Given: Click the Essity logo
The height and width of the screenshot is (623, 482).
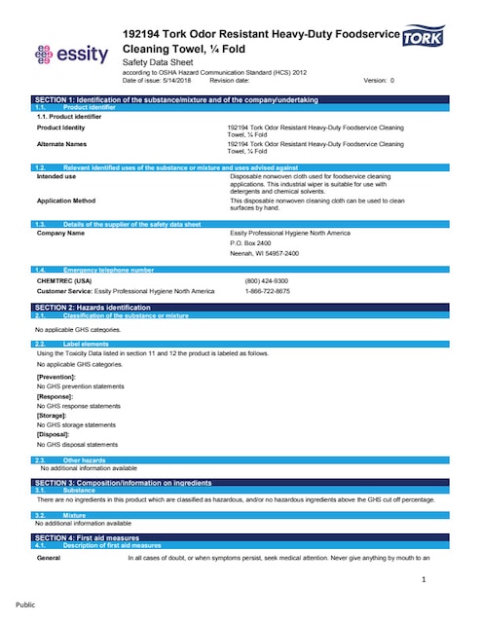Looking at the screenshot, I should [71, 55].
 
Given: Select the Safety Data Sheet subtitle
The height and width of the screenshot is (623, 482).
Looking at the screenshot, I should [159, 61].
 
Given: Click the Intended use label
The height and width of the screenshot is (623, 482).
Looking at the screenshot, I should [56, 177].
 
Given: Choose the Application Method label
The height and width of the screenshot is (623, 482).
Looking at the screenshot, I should [66, 200].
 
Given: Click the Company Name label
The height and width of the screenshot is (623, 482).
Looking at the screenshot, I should [60, 234].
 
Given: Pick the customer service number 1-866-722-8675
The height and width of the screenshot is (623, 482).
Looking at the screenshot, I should [267, 290].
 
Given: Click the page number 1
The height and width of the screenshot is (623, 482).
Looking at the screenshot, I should [425, 580].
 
